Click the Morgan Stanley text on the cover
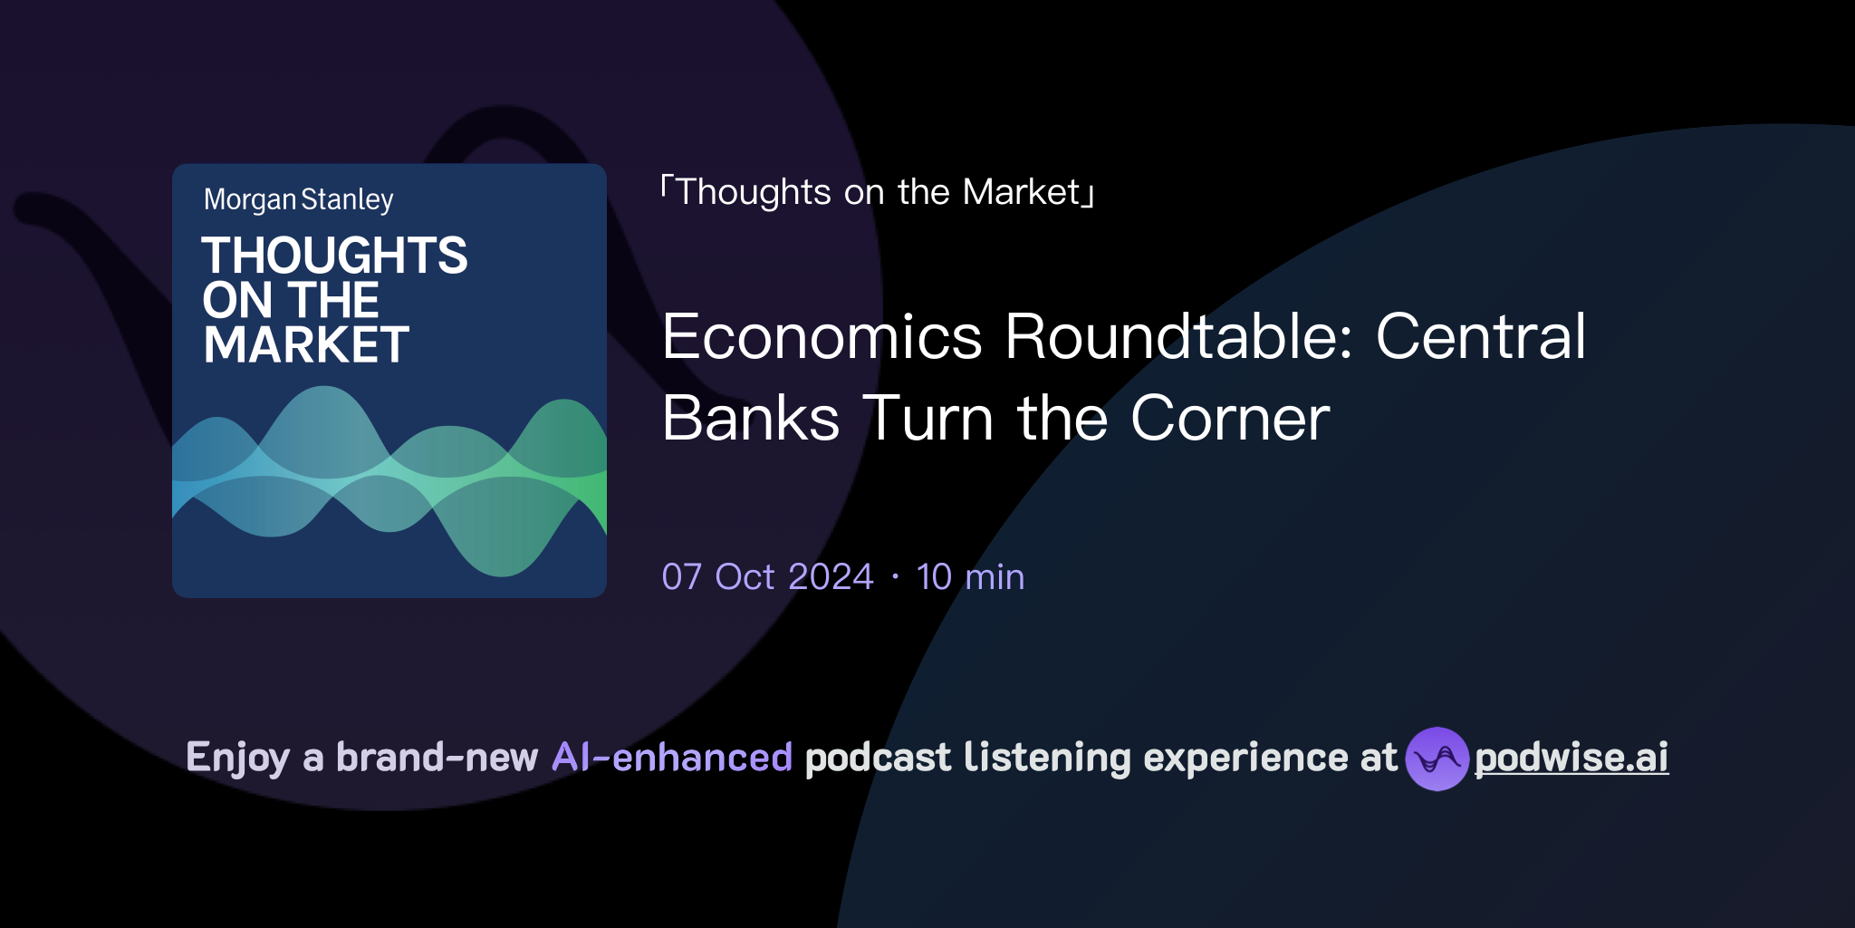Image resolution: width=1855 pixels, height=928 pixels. pos(298,199)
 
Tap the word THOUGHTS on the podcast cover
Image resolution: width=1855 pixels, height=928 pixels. pos(334,256)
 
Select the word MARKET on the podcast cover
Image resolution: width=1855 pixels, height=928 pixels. pos(306,345)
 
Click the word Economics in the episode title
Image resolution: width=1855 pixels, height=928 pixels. pos(822,337)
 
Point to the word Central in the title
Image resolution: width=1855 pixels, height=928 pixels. pos(1480,337)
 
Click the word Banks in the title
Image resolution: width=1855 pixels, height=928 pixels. pos(751,419)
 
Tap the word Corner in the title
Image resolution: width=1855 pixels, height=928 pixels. pos(1230,419)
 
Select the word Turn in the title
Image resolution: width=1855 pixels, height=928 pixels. pos(928,419)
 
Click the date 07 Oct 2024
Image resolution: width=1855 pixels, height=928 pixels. pos(767,577)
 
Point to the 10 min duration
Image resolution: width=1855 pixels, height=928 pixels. pos(970,577)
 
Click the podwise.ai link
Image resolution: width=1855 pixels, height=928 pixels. pos(1571,758)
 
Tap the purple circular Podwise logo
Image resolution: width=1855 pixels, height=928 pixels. pos(1437,759)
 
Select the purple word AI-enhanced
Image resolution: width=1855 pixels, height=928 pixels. pos(672,758)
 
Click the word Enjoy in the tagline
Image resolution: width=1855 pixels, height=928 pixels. pos(237,759)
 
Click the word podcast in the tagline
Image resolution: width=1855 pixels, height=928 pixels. pos(878,758)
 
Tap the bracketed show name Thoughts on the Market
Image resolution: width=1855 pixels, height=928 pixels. pos(878,192)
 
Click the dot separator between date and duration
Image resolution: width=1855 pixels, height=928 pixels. pos(895,577)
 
